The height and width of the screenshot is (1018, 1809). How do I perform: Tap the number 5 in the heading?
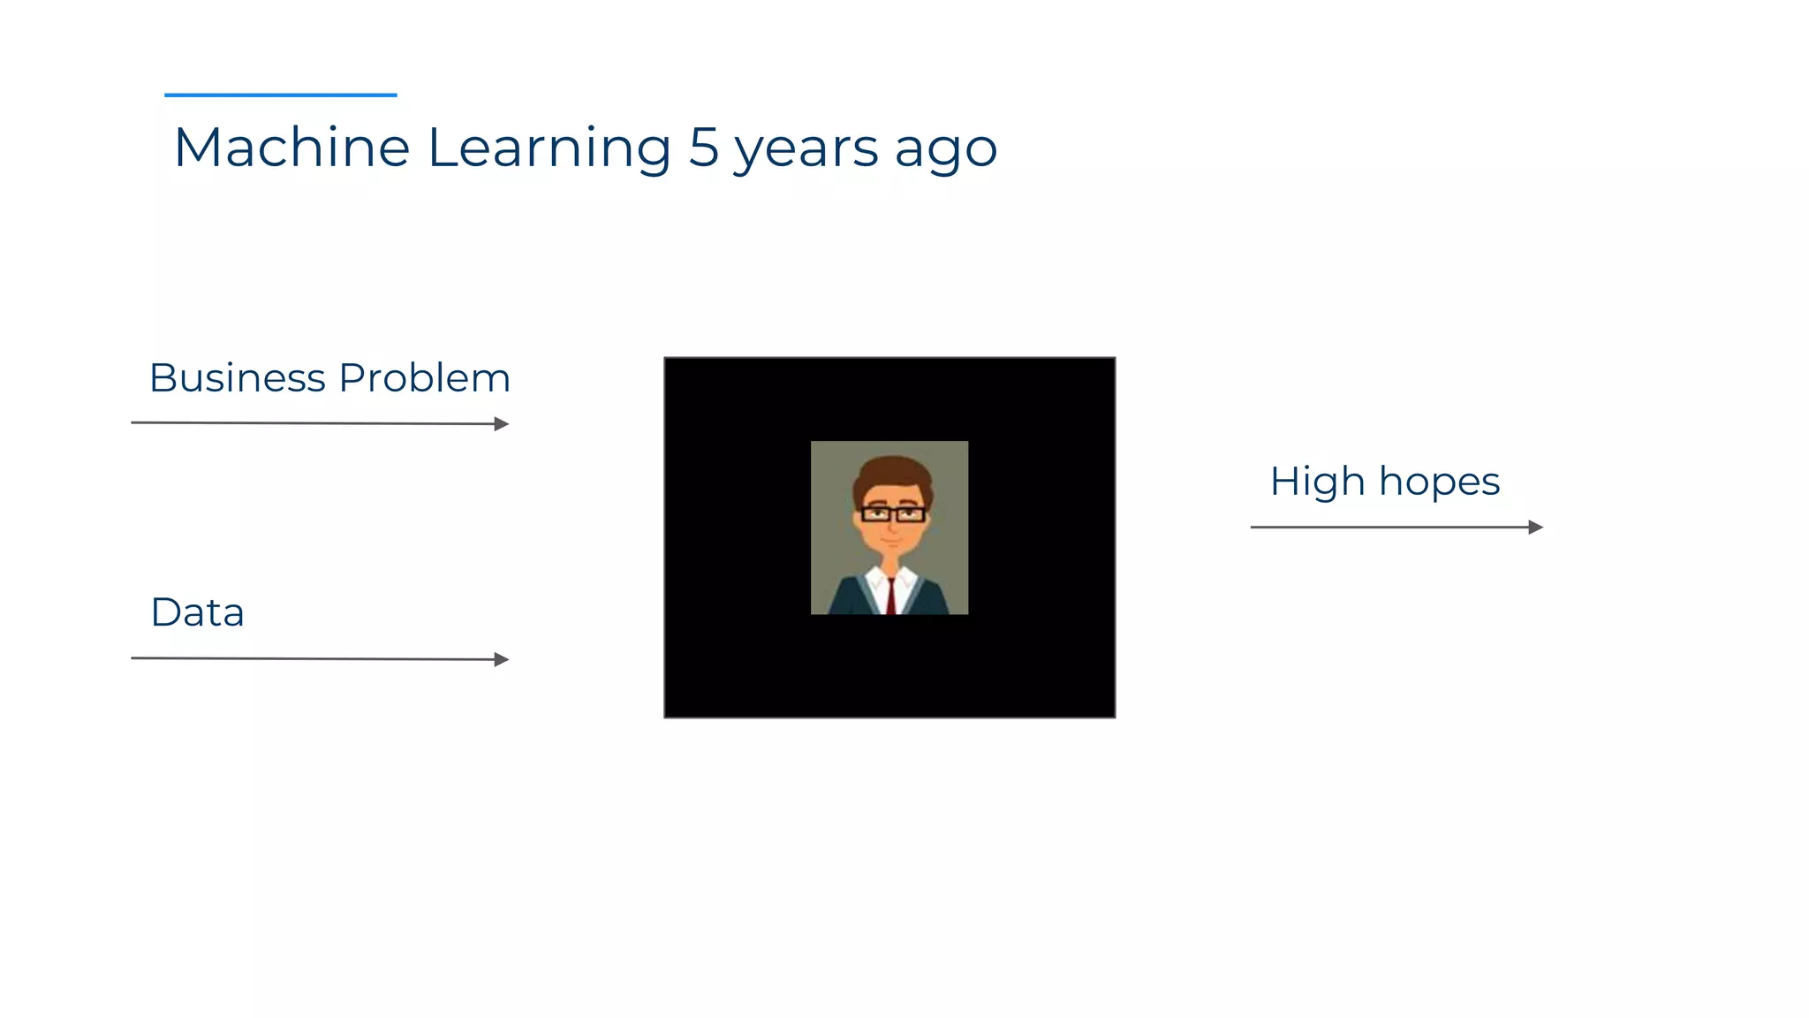704,147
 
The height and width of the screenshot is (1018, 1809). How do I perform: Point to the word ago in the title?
945,150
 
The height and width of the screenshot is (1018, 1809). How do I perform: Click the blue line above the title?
281,95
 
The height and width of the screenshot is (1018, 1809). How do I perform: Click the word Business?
238,378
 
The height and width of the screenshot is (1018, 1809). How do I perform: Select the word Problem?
425,378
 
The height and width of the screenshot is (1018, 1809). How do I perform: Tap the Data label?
198,612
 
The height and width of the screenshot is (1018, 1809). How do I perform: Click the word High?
1317,482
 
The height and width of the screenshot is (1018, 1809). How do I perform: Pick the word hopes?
1439,482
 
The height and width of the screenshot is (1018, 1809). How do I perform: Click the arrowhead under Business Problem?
502,424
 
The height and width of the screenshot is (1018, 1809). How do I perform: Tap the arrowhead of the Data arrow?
502,659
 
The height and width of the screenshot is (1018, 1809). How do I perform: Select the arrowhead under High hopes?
1536,528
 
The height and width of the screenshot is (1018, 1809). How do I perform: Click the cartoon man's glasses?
893,513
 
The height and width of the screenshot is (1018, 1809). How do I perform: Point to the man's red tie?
891,596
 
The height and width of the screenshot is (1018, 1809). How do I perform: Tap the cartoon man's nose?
892,526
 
